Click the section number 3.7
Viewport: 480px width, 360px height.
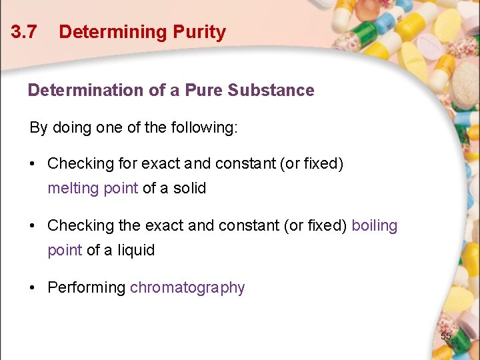pos(24,32)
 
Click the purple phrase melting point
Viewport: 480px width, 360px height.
pos(93,188)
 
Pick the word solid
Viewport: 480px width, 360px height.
pos(189,188)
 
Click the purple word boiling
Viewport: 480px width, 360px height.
pos(374,225)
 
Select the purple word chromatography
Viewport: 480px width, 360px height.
pos(187,287)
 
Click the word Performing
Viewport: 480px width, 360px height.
pos(86,287)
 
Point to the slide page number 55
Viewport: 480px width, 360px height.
pos(446,336)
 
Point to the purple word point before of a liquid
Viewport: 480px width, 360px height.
pos(64,250)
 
